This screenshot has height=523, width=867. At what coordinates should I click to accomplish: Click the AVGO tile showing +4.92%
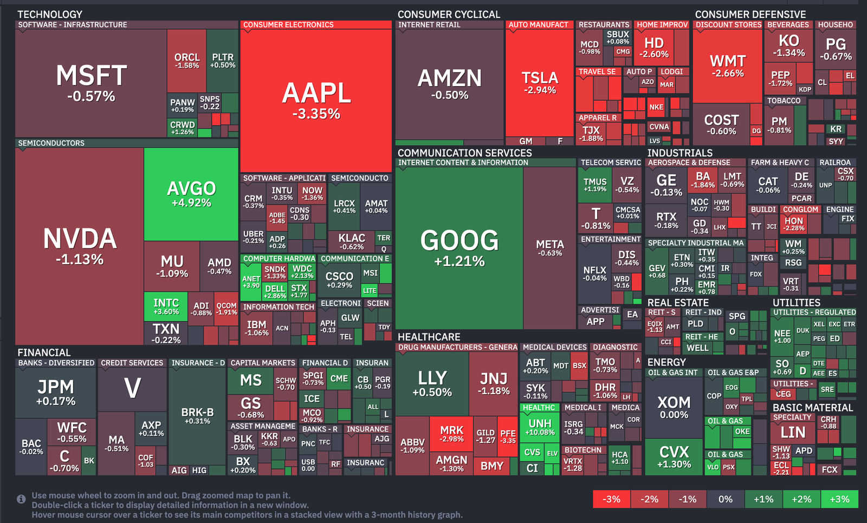191,194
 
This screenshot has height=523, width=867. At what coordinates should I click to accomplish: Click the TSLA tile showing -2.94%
539,82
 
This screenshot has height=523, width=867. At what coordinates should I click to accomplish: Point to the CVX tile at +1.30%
674,457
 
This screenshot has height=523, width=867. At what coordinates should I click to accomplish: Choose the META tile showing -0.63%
549,247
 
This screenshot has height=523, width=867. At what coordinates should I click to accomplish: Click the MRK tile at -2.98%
451,434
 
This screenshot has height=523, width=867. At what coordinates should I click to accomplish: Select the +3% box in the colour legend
839,499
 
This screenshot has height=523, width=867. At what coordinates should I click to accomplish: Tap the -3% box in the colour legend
611,499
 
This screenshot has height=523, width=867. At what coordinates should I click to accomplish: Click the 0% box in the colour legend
725,499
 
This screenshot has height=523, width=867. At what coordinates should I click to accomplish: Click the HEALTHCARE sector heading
429,337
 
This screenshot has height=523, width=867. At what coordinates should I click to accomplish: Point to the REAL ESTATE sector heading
677,303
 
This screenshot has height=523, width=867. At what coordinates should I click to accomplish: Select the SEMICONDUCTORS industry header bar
51,143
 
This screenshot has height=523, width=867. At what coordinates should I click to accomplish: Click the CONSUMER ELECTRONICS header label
288,25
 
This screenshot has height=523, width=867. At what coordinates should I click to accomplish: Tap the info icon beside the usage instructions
21,499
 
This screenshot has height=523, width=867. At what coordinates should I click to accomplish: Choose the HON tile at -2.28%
794,224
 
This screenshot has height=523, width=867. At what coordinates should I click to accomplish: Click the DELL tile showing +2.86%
275,292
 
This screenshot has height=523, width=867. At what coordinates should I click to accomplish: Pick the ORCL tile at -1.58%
186,60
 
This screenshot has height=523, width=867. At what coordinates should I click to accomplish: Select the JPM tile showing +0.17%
55,392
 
